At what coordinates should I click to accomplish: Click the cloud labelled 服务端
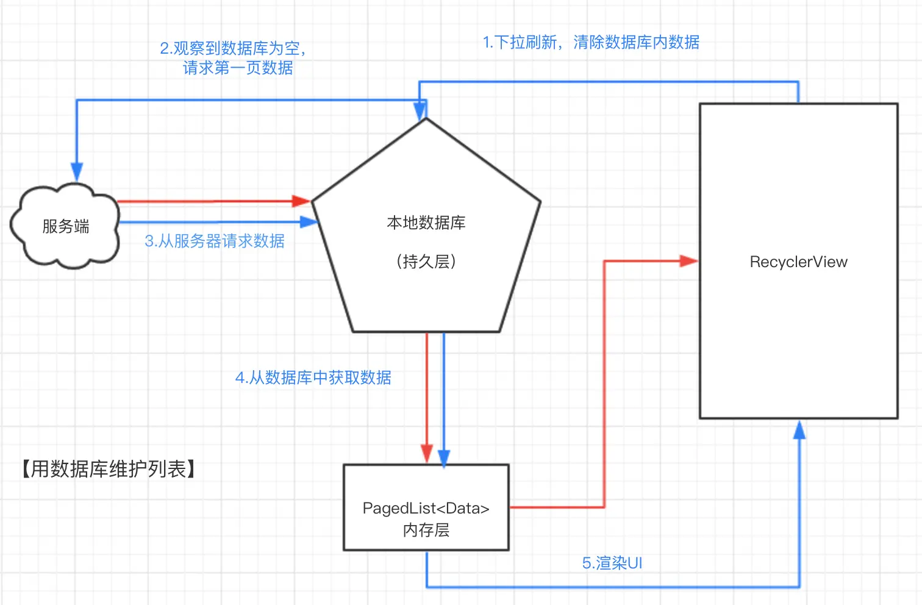click(x=65, y=226)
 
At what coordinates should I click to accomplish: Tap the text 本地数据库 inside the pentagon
click(x=426, y=223)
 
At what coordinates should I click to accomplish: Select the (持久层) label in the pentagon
click(x=426, y=262)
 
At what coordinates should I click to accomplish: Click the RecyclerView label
click(x=799, y=262)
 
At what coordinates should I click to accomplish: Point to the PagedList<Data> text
click(x=426, y=508)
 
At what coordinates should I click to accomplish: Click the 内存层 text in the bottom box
click(x=426, y=530)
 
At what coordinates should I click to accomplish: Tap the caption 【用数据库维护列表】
click(x=109, y=469)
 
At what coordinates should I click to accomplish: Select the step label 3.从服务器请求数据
click(x=215, y=241)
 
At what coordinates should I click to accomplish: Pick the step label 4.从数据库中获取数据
click(x=313, y=378)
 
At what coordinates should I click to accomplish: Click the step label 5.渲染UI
click(x=612, y=563)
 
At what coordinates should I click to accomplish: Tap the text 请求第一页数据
click(x=238, y=68)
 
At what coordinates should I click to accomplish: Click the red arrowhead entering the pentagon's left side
click(x=301, y=201)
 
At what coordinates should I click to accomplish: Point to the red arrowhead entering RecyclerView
click(x=688, y=260)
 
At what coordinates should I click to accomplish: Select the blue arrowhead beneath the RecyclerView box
click(x=799, y=430)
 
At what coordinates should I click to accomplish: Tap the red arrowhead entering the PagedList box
click(x=427, y=454)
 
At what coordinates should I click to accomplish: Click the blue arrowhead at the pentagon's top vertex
click(x=420, y=111)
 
